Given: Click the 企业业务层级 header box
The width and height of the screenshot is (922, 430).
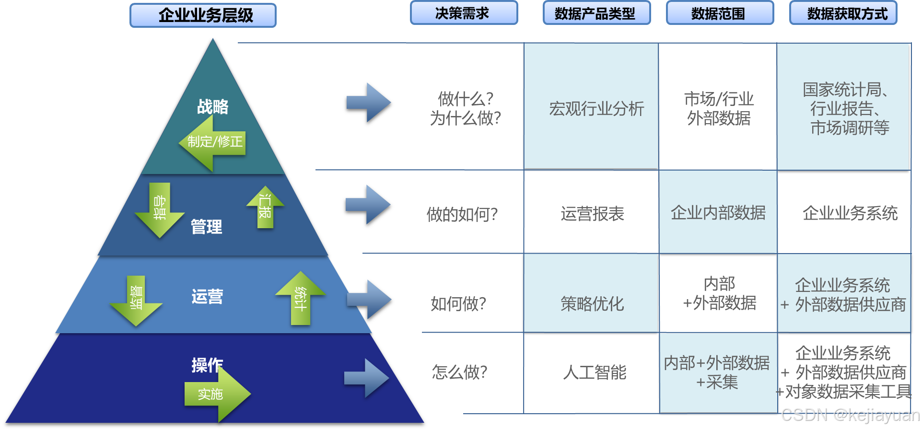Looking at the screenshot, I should pyautogui.click(x=203, y=15).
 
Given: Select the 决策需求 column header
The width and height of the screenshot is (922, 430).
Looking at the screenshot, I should pyautogui.click(x=464, y=13).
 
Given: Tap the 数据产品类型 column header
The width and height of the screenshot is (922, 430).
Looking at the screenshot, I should pyautogui.click(x=596, y=13).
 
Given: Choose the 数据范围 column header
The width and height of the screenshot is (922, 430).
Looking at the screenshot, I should pyautogui.click(x=720, y=13).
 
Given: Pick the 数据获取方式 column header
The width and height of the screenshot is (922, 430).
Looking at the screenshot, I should pyautogui.click(x=843, y=13).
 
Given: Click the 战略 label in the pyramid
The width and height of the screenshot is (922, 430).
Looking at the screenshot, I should pyautogui.click(x=213, y=106).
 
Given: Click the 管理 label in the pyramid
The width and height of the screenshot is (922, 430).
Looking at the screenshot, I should pyautogui.click(x=207, y=226).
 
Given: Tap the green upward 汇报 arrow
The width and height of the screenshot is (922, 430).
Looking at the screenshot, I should pyautogui.click(x=265, y=207).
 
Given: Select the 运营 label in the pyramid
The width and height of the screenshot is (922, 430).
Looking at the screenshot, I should pyautogui.click(x=207, y=296).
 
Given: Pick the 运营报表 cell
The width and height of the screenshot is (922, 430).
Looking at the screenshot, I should pyautogui.click(x=593, y=214).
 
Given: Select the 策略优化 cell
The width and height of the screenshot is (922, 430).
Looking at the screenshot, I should pyautogui.click(x=593, y=303).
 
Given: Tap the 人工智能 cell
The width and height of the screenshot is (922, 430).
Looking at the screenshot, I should pyautogui.click(x=595, y=372).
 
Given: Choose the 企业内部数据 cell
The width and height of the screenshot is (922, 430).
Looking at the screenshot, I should pyautogui.click(x=718, y=213).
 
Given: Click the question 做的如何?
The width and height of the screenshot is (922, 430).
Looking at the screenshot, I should pyautogui.click(x=462, y=214).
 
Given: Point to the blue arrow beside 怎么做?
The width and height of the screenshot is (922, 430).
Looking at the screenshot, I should pyautogui.click(x=367, y=378).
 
